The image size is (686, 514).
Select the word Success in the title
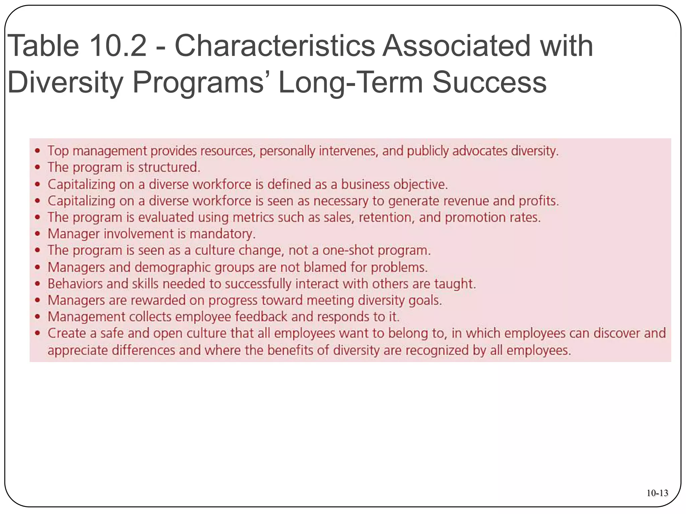pos(489,82)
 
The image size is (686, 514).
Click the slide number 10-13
pos(657,493)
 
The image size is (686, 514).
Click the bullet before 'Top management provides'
pos(38,151)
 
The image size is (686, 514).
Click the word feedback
pos(261,317)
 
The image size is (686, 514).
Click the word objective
pos(420,184)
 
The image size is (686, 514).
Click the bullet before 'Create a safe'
pos(38,333)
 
